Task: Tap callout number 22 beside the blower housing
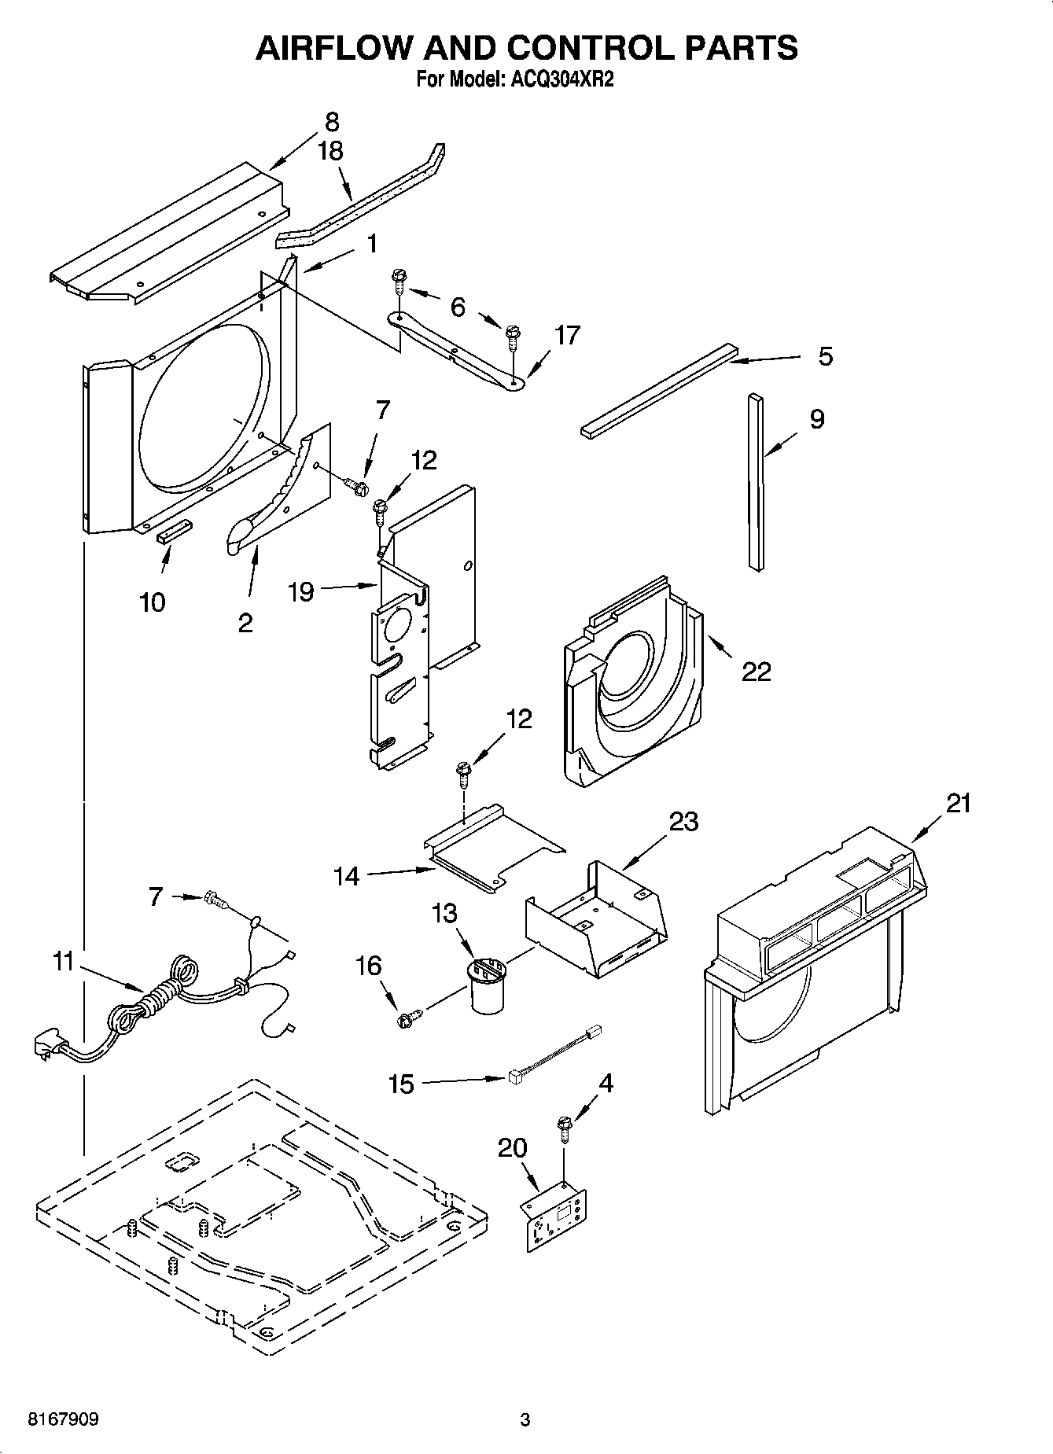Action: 757,671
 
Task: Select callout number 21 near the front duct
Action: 958,804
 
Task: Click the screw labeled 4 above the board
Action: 564,1126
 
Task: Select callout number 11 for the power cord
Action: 63,961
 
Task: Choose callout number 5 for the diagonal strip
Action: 824,356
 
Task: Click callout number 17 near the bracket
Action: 566,335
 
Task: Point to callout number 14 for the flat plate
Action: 346,876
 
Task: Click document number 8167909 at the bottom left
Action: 63,1419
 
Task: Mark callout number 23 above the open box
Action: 683,821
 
